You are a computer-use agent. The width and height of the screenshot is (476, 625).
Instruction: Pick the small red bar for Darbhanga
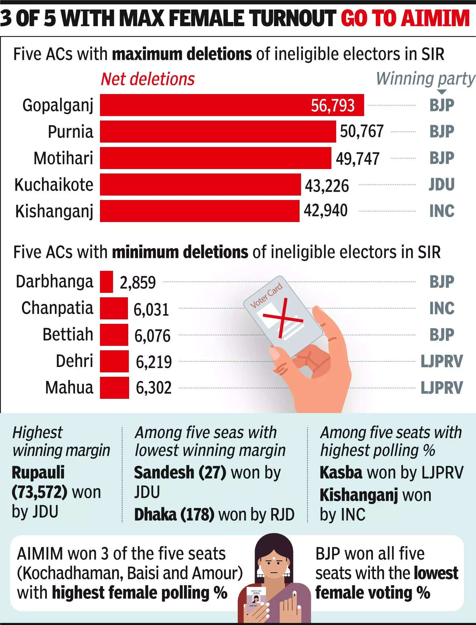106,282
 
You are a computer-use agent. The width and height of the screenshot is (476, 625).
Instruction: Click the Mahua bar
114,387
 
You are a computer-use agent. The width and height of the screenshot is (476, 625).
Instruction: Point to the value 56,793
333,105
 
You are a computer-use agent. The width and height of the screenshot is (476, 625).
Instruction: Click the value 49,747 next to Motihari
358,159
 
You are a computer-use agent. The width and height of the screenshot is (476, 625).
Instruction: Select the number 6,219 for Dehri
154,362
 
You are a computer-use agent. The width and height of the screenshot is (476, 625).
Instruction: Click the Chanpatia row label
57,308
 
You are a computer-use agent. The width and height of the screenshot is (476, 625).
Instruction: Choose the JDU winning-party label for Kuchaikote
441,185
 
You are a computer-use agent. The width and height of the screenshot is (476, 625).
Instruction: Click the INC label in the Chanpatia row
442,308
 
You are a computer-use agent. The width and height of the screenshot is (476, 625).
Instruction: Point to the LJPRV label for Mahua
442,388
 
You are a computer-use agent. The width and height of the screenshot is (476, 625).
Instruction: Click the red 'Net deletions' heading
148,79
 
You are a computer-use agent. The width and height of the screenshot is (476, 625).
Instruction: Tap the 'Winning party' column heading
425,79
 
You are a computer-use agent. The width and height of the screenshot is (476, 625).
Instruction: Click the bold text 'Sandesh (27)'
180,473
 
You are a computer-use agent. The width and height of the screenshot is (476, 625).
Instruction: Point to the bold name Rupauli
38,473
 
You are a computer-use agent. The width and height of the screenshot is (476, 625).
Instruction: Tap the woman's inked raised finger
295,595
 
